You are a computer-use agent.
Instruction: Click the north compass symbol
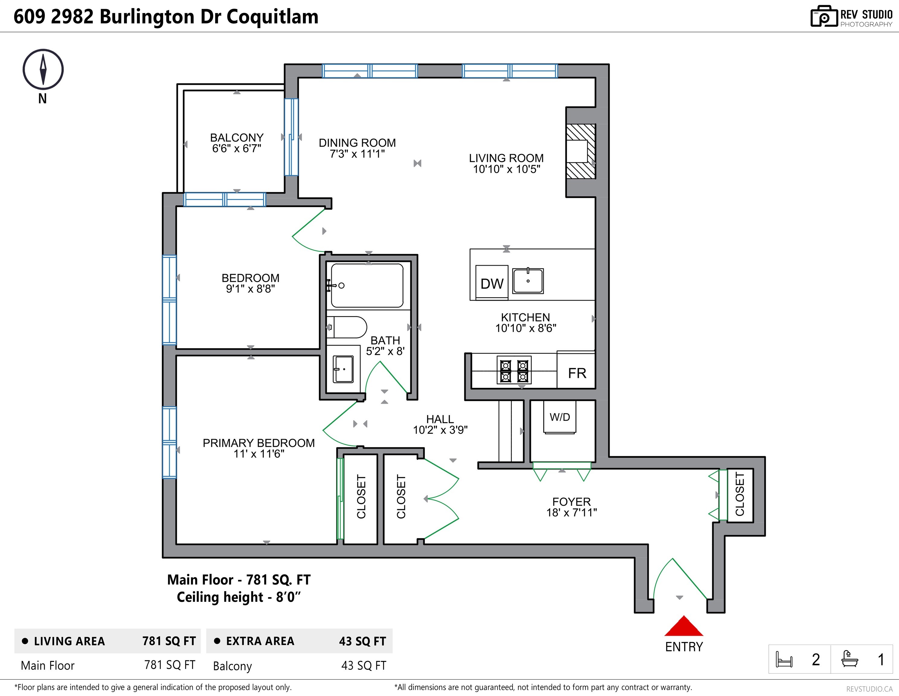[43, 69]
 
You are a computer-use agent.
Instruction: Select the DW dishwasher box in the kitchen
[491, 283]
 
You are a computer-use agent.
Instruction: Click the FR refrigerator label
[577, 373]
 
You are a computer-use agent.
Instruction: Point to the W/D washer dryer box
[560, 418]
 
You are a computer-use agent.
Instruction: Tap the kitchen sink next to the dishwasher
[528, 281]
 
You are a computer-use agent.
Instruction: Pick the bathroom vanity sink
[343, 369]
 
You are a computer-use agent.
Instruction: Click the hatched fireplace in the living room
[580, 151]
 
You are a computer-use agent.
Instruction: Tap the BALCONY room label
[237, 137]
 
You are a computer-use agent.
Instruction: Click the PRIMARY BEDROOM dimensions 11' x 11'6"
[259, 453]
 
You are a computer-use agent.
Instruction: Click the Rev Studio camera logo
[824, 17]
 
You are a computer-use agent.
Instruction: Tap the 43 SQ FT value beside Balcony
[363, 665]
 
